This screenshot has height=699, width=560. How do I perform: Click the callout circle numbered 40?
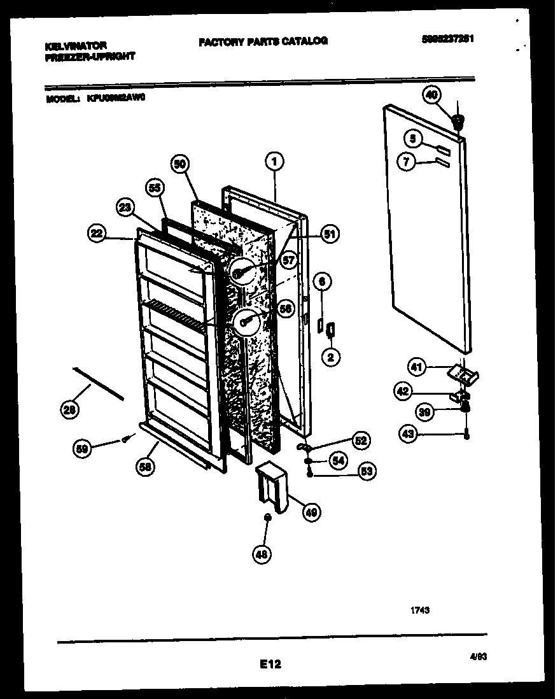pyautogui.click(x=431, y=95)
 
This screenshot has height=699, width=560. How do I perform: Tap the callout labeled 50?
pyautogui.click(x=180, y=164)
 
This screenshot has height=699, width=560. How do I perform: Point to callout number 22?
pyautogui.click(x=96, y=234)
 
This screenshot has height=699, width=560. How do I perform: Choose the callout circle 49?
pyautogui.click(x=312, y=511)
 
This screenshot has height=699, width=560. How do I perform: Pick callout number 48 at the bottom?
pyautogui.click(x=262, y=554)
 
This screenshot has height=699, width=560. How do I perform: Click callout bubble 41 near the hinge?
pyautogui.click(x=416, y=367)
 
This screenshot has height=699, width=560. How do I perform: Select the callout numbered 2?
pyautogui.click(x=330, y=357)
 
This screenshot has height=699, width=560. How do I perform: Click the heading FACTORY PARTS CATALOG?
pyautogui.click(x=263, y=41)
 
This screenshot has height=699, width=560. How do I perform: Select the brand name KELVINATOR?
pyautogui.click(x=76, y=46)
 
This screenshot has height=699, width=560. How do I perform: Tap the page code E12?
pyautogui.click(x=270, y=664)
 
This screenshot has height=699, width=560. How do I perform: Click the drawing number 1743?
pyautogui.click(x=419, y=610)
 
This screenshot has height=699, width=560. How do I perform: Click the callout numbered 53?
pyautogui.click(x=367, y=471)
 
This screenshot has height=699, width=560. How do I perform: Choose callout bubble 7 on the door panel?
pyautogui.click(x=405, y=162)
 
